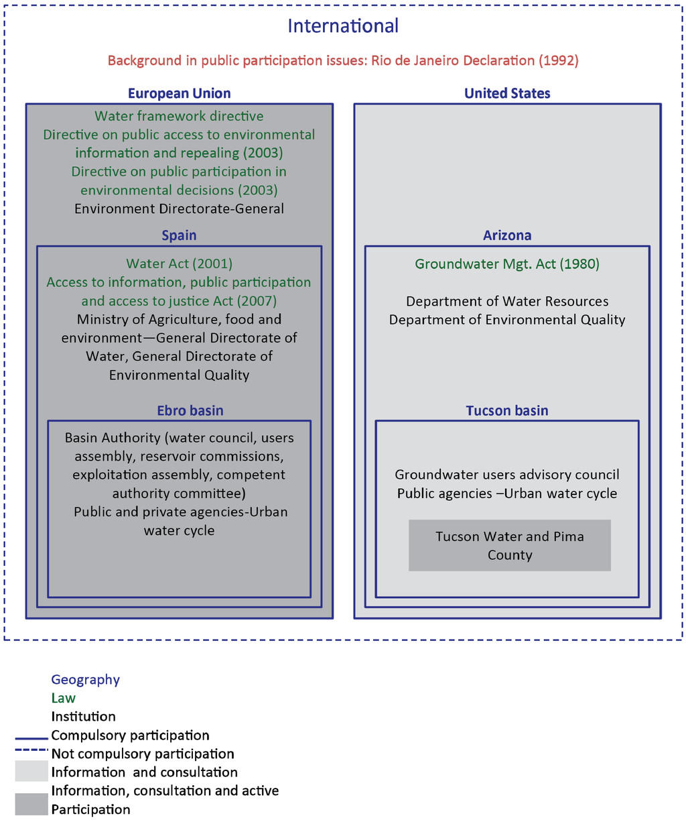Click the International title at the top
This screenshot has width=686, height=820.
tap(343, 26)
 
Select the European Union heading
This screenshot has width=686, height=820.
tap(179, 93)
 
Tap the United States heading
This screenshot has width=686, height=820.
tap(507, 93)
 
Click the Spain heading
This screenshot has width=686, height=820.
tap(179, 235)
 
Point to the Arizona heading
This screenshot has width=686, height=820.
tap(507, 235)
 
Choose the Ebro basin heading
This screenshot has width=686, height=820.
tap(190, 410)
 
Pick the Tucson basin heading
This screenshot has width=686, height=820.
tap(507, 410)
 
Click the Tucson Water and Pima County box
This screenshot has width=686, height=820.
tap(510, 546)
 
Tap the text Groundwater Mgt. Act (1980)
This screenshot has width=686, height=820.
tap(507, 264)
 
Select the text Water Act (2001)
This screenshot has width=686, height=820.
tap(179, 264)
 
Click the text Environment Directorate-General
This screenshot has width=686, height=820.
tap(179, 209)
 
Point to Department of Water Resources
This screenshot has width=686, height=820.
tap(507, 301)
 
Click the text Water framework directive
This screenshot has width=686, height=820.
tap(179, 116)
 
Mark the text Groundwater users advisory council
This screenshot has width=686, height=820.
tap(507, 475)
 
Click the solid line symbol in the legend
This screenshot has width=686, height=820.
tap(31, 736)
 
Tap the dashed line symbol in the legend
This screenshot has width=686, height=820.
tap(31, 750)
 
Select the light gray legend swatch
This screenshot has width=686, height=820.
tap(31, 772)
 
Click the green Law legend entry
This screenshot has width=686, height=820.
tap(64, 698)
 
